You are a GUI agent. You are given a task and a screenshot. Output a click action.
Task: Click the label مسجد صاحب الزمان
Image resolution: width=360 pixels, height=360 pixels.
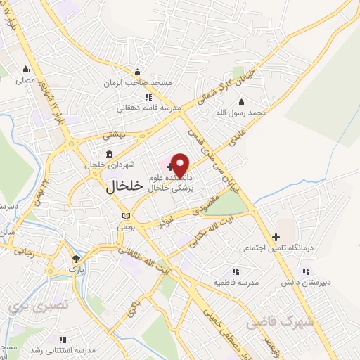tap(138, 84)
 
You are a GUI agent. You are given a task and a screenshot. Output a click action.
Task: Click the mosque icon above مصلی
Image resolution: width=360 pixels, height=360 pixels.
tap(25, 69)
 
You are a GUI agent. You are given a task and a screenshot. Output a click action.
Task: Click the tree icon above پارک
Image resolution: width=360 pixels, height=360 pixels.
tap(75, 259)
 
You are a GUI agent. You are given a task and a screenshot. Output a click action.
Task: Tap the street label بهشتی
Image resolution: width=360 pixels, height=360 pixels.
tap(112, 133)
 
